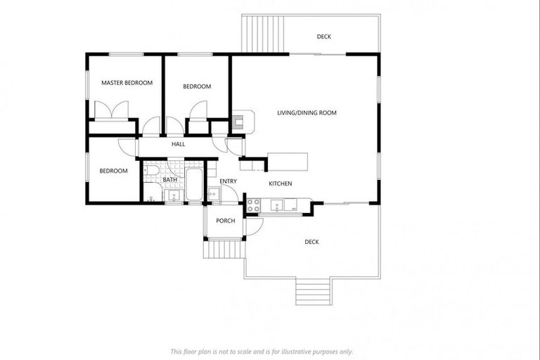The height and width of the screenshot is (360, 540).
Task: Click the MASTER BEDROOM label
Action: pos(127,83)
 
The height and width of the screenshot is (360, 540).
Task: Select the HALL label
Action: pos(178,145)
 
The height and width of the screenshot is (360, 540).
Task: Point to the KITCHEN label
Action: pos(280,184)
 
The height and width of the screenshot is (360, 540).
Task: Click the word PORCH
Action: pos(225,221)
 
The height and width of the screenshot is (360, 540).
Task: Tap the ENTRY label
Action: pos(228,181)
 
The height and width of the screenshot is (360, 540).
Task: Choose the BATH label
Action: pos(170,180)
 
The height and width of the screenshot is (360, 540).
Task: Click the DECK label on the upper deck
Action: pos(323,37)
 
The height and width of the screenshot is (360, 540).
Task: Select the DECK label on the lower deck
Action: pos(311,242)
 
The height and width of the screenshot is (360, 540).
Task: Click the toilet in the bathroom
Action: pos(150,172)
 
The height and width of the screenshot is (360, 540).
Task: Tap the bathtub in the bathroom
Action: pos(194,184)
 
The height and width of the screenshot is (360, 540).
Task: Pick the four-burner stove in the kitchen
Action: pos(253,206)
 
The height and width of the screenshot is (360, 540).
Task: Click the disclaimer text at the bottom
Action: pos(262,351)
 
